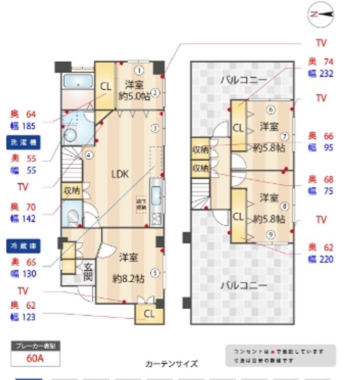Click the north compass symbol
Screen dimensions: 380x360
[x=321, y=15]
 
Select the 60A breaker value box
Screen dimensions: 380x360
[x=35, y=358]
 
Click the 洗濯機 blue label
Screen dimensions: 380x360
[x=24, y=142]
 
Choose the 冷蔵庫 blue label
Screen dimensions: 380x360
[x=24, y=245]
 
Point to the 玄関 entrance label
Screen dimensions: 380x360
[x=88, y=271]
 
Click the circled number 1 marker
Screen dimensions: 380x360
[x=139, y=70]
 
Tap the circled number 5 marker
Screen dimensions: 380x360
[x=155, y=273]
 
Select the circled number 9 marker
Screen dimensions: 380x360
[x=270, y=235]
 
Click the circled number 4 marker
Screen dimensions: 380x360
[x=90, y=155]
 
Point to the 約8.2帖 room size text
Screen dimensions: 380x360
[x=129, y=278]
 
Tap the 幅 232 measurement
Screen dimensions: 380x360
[x=320, y=73]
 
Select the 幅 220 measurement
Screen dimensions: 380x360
[x=320, y=259]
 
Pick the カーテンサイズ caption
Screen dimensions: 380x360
[x=171, y=364]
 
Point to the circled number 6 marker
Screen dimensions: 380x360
[x=270, y=110]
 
